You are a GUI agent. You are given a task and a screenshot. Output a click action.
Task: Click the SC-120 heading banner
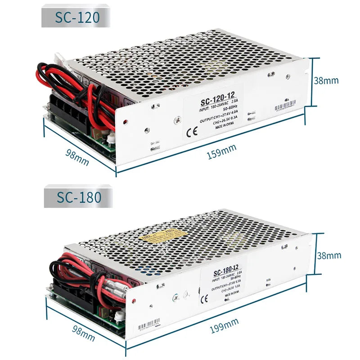pos(76,17)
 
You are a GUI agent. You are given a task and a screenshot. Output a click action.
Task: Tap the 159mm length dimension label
pos(221,152)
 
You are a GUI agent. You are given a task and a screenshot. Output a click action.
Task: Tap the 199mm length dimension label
pos(224,325)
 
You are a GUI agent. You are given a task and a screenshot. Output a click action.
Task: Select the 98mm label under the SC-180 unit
pos(83,333)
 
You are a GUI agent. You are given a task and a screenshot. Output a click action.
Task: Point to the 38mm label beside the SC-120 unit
pos(326,81)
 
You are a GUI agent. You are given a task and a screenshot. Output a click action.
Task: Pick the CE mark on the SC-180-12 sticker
pos(204,298)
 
